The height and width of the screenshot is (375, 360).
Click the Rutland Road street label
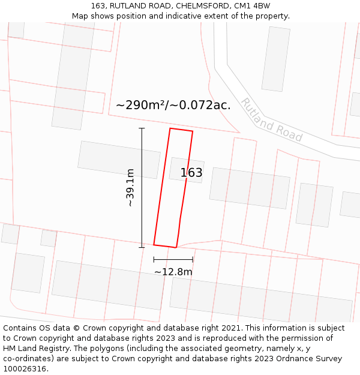(271, 120)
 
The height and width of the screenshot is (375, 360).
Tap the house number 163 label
(191, 173)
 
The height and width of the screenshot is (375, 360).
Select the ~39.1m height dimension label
(130, 188)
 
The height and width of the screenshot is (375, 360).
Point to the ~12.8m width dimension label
(173, 272)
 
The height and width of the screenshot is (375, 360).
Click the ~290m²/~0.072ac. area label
(173, 105)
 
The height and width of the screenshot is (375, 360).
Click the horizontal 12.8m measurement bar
(173, 259)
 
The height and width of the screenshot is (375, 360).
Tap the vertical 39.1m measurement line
(142, 188)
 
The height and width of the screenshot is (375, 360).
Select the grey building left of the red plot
(119, 160)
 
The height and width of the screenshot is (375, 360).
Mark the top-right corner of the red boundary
(193, 131)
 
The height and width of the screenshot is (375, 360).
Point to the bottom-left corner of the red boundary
(154, 244)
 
